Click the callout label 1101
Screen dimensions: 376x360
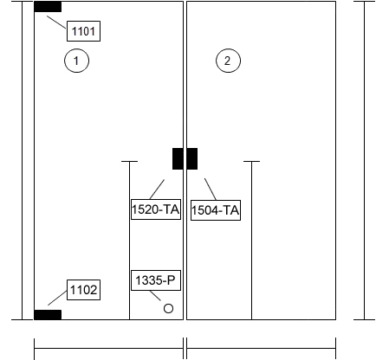[83, 31]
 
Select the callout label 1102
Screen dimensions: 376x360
[83, 290]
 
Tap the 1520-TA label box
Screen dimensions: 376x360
[156, 209]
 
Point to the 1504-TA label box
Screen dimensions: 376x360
[216, 210]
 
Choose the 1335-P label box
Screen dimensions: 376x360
[156, 280]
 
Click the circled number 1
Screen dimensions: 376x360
[76, 61]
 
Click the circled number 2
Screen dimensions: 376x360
[228, 61]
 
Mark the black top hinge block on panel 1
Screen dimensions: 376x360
[48, 7]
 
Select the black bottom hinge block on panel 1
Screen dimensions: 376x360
[48, 315]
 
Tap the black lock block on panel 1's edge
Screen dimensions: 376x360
[178, 158]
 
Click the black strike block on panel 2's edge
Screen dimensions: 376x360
[192, 158]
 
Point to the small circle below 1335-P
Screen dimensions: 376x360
[168, 308]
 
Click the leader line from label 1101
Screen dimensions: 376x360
[56, 22]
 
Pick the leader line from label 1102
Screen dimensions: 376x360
[57, 298]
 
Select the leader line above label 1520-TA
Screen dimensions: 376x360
[157, 190]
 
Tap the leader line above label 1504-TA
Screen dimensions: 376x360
[211, 189]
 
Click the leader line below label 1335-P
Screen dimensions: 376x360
[155, 296]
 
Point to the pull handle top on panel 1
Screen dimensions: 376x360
[129, 162]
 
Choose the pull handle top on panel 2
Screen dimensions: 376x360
[251, 162]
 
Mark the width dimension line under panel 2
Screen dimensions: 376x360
[262, 349]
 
